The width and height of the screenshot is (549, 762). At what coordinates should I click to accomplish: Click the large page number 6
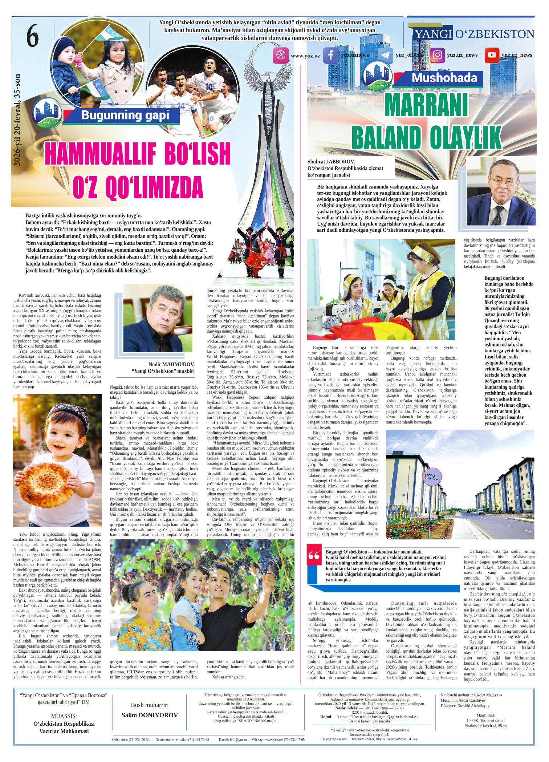click(32, 37)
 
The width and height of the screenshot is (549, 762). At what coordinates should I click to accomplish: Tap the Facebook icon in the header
click(331, 55)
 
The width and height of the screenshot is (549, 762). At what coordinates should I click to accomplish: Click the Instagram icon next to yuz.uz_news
click(438, 55)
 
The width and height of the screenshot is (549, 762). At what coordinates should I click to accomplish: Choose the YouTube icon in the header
click(492, 55)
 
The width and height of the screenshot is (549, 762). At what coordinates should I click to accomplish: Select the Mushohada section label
click(444, 78)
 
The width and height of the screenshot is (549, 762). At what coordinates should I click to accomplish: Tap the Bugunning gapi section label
click(125, 115)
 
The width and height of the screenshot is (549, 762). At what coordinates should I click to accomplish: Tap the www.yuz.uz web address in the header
click(305, 56)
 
